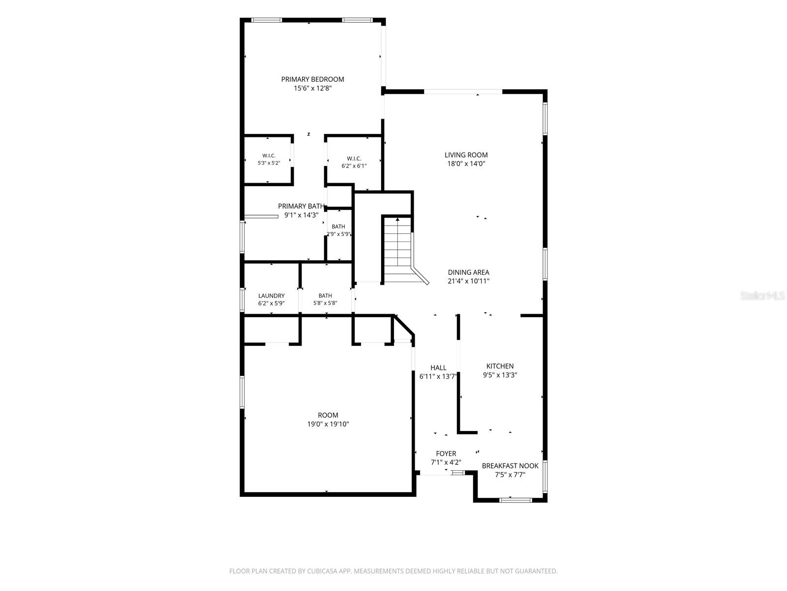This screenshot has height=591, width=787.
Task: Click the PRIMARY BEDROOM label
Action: [312, 79]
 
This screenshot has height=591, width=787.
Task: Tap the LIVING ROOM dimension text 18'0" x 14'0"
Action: [466, 164]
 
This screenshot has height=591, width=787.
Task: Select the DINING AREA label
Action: [468, 272]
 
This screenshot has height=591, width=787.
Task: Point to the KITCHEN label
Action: [500, 366]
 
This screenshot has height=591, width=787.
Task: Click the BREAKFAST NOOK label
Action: [510, 466]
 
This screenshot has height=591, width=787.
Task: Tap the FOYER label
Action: [446, 454]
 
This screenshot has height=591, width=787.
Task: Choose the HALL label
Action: [438, 368]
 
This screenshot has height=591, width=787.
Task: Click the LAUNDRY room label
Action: [272, 295]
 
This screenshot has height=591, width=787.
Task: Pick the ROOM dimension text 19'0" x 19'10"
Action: [328, 424]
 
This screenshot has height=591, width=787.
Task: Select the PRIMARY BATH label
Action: [301, 206]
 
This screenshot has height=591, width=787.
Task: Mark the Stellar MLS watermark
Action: [762, 296]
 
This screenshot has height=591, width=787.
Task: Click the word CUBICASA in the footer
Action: [322, 571]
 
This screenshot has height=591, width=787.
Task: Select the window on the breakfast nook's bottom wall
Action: [515, 499]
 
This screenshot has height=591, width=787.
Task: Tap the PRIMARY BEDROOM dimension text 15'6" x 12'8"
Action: [313, 88]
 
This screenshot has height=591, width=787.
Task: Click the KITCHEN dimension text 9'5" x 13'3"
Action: [500, 375]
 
